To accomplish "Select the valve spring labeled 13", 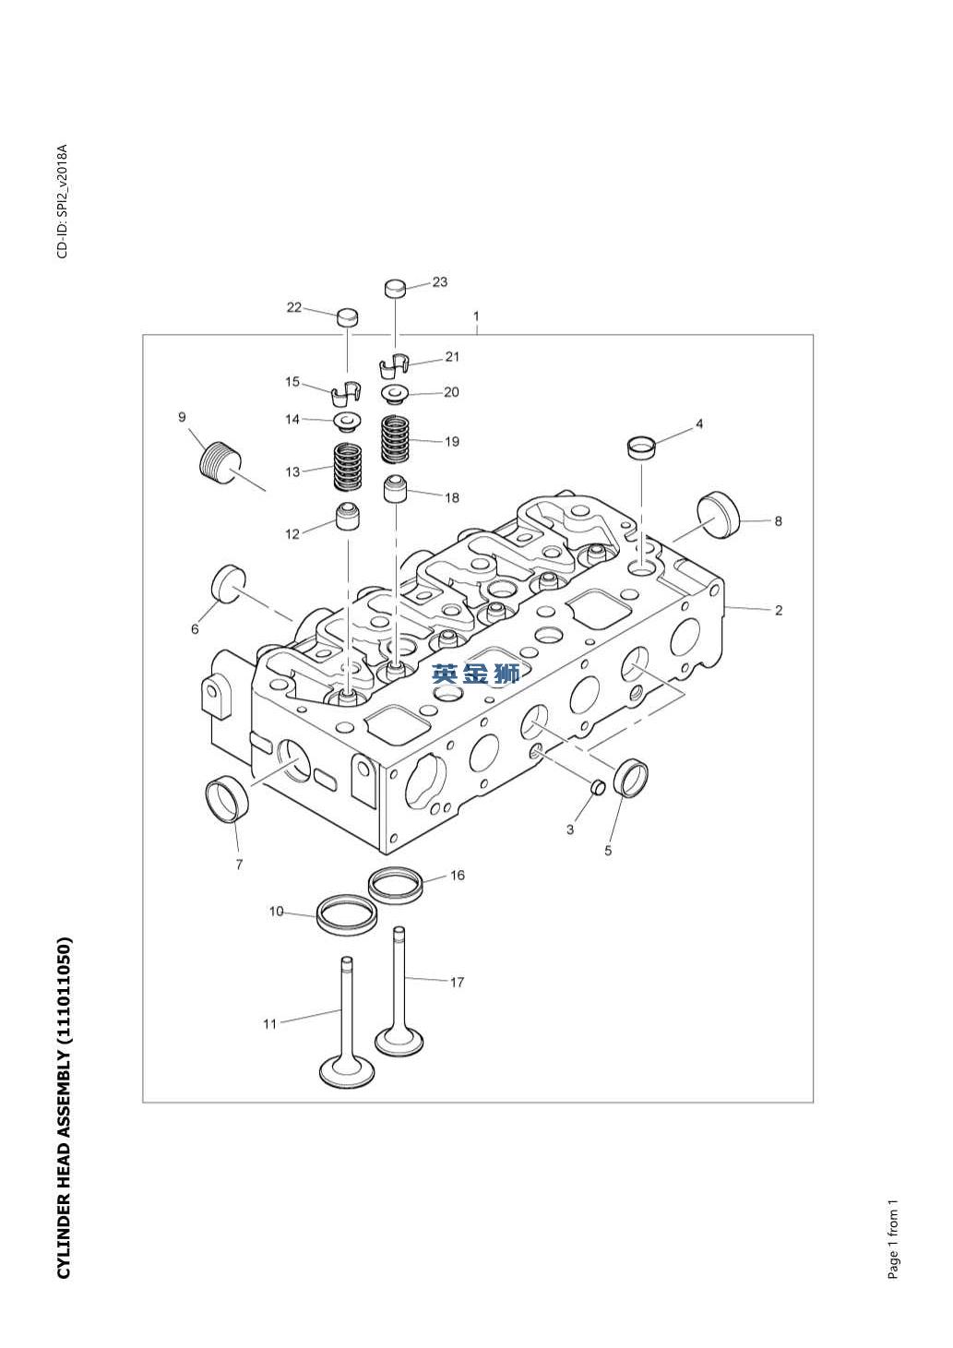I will pyautogui.click(x=347, y=468).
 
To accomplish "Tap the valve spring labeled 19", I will pyautogui.click(x=396, y=441).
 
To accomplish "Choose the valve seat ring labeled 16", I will pyautogui.click(x=398, y=884).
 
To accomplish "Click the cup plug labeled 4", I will pyautogui.click(x=641, y=447).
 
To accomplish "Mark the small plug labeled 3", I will pyautogui.click(x=597, y=787).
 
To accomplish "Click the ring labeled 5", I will pyautogui.click(x=631, y=777).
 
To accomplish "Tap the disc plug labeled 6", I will pyautogui.click(x=229, y=583).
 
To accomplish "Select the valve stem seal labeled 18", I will pyautogui.click(x=396, y=488).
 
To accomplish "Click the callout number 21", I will pyautogui.click(x=452, y=356).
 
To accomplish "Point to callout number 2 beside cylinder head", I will pyautogui.click(x=779, y=610).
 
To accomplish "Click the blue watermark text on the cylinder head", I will pyautogui.click(x=476, y=674).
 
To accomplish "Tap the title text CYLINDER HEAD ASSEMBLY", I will pyautogui.click(x=64, y=1108).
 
